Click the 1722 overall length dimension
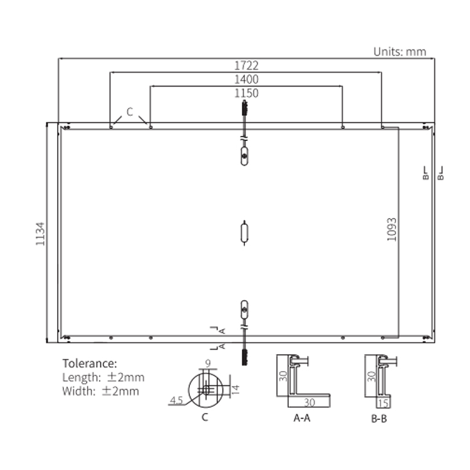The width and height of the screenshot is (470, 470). (246, 65)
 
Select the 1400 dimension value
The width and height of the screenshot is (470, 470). (246, 80)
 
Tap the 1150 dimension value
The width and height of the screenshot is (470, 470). (246, 93)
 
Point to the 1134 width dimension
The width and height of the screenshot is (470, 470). (40, 234)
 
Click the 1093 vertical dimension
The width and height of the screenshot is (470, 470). (392, 229)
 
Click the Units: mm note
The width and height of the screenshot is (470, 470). (400, 52)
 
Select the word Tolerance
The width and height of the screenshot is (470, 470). (90, 363)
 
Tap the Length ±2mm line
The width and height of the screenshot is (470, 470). (103, 377)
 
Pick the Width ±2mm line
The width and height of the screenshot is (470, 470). (101, 391)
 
